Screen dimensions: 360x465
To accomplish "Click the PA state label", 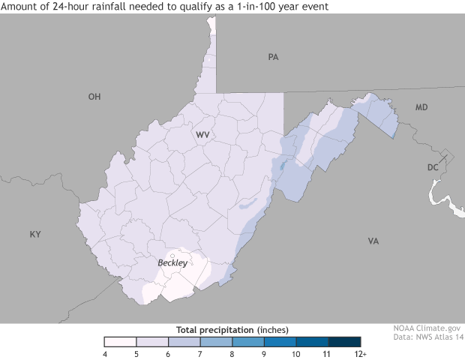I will tap(273, 57).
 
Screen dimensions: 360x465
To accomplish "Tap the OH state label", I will tap(94, 97).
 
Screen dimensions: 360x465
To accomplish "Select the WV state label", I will tap(202, 135).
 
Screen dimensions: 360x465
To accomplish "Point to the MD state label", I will tap(421, 109).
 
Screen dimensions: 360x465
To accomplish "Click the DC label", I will tap(433, 167).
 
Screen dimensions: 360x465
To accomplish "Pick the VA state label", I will tap(373, 241).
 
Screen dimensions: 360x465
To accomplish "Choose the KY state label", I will tap(35, 235).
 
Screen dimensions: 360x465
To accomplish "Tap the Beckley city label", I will tap(172, 263).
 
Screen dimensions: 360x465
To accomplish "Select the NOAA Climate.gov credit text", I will tap(426, 328).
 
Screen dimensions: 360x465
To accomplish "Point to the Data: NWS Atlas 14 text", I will tap(426, 338).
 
